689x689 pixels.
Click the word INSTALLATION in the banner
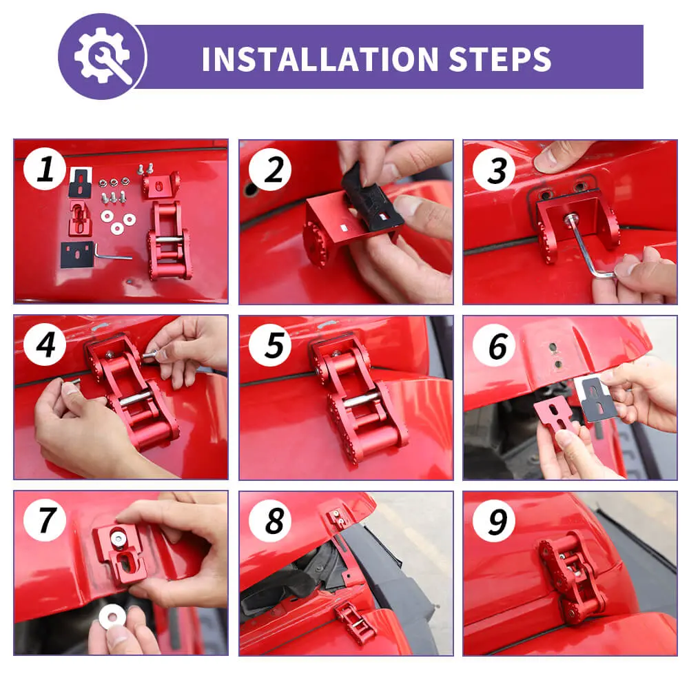pos(320,59)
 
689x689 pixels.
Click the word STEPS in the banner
pos(500,59)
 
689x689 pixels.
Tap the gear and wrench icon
pos(103,56)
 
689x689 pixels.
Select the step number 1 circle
pos(45,169)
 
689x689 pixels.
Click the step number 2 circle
pos(270,169)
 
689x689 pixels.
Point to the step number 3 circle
pos(494,169)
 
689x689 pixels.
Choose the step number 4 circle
pos(45,345)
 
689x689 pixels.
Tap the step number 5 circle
pos(270,345)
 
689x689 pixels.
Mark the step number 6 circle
pos(494,345)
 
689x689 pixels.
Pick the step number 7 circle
pos(45,520)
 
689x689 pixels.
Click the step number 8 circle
pos(270,521)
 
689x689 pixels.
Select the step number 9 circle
pos(494,521)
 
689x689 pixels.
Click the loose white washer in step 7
pos(112,617)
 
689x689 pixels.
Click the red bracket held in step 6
pos(557,420)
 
